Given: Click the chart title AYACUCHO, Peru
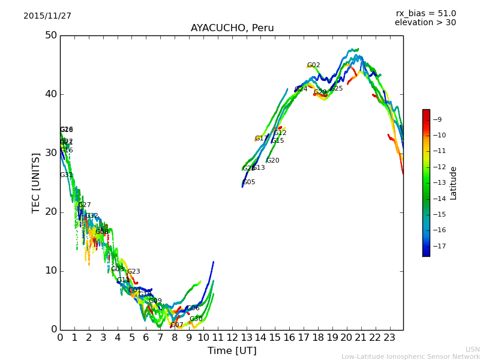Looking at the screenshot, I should point(232,28).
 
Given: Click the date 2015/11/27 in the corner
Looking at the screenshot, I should point(47,16).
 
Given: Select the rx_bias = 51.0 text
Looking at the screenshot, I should point(425,14).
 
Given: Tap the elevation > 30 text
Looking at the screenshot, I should point(425,23).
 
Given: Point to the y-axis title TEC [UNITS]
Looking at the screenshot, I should point(36,182).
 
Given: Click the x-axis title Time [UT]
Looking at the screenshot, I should point(232,351).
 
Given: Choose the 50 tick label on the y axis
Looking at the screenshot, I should point(50,35).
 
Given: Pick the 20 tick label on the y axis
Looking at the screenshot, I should point(50,212).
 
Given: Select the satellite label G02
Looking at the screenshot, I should point(313,65).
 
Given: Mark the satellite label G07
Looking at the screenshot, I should point(177,325).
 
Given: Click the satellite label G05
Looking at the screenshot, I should point(249,182).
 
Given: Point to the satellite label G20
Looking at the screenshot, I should point(273,161).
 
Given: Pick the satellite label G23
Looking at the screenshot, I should point(133,272).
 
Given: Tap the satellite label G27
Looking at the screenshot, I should point(85,205).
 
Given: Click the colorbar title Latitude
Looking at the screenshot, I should point(454,183).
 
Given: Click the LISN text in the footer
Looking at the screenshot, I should point(472,349).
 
